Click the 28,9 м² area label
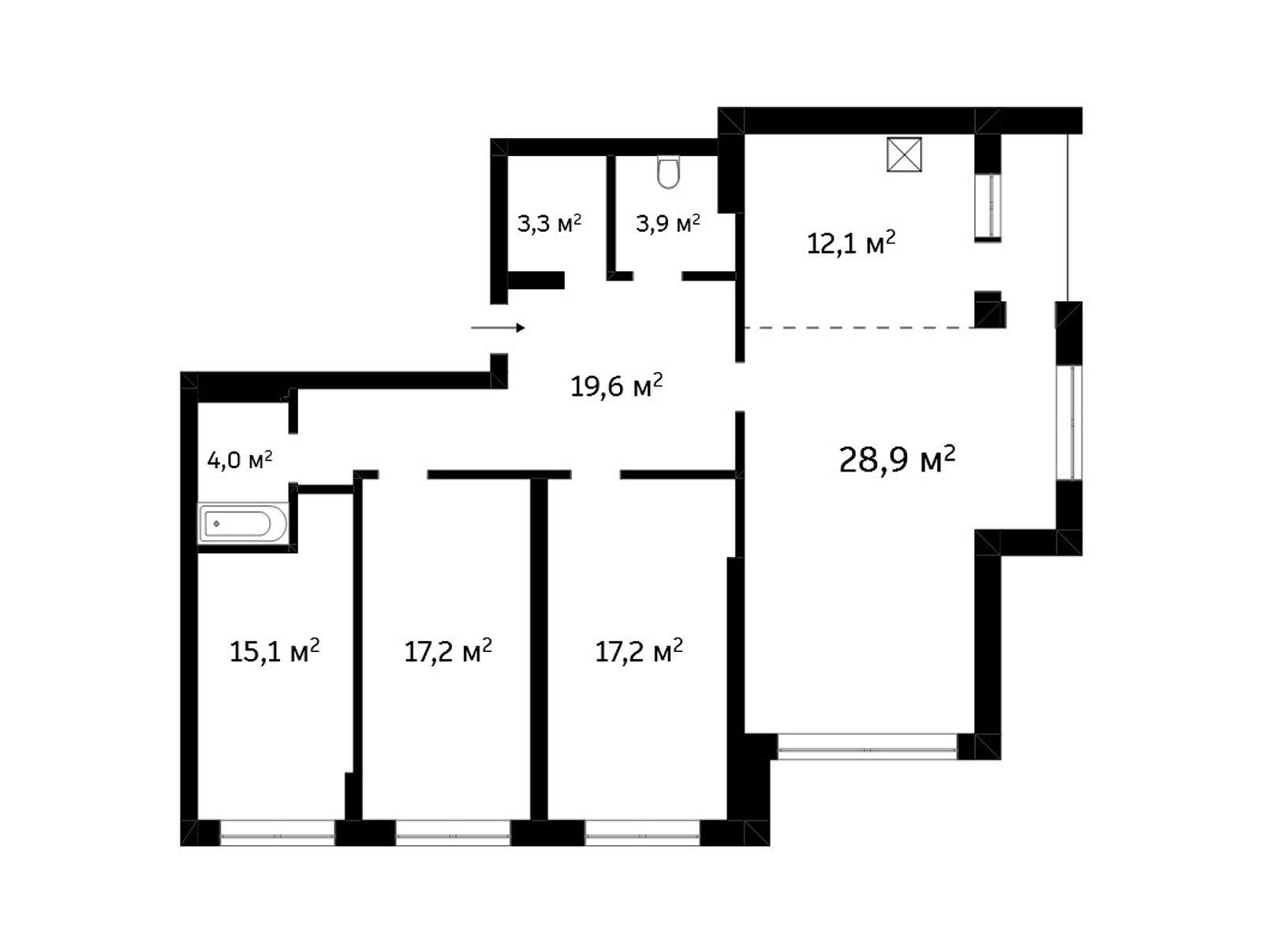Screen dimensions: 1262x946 point(896,460)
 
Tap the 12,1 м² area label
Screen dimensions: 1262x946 point(851,243)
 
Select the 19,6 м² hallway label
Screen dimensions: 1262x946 point(616,385)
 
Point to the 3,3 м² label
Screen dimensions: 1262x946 point(549,223)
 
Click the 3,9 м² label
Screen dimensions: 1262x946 point(667,223)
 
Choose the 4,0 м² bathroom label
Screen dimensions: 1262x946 point(239,460)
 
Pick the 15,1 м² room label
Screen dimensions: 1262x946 point(274,651)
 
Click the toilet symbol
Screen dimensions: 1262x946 point(668,172)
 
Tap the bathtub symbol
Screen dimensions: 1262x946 point(243,523)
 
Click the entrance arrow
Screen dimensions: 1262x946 point(498,328)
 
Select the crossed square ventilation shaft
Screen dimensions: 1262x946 point(904,155)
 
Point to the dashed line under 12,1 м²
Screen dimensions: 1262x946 point(859,328)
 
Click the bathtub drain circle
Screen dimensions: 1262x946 point(217,523)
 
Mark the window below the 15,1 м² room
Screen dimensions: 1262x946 point(278,833)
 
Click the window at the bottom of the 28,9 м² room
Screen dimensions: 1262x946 point(867,747)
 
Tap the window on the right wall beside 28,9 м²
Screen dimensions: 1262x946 point(1070,423)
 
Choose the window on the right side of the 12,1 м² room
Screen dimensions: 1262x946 point(988,206)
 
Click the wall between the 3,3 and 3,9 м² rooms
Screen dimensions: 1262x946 point(611,218)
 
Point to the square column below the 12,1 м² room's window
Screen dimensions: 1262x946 point(989,310)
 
